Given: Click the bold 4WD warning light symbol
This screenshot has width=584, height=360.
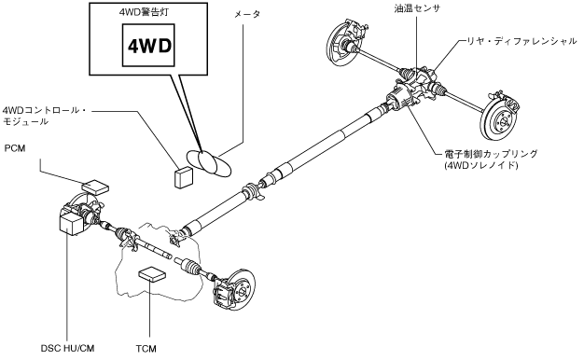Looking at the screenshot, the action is (x=149, y=46).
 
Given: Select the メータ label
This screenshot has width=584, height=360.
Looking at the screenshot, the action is (x=247, y=15).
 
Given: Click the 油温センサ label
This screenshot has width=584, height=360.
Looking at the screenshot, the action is (x=417, y=8).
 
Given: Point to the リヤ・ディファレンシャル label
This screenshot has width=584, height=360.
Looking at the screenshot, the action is (x=522, y=41).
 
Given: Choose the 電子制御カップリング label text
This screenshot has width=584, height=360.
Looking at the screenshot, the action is (x=492, y=154).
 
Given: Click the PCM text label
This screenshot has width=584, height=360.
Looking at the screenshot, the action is (x=15, y=148).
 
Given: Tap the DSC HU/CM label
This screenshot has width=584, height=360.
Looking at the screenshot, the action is (x=67, y=349).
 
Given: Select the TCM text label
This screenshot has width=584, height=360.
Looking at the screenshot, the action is (x=146, y=349).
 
